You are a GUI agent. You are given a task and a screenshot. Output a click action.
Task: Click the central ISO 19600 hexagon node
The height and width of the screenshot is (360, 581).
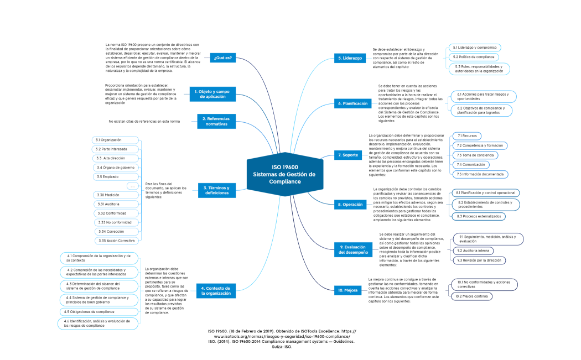[x=284, y=174]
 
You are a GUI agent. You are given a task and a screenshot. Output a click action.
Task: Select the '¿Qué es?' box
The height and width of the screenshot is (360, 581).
[x=223, y=58]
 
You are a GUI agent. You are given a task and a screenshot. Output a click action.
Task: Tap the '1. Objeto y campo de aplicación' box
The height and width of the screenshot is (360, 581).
[x=211, y=94]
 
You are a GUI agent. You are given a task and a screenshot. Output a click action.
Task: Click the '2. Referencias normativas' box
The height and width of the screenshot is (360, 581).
[x=216, y=121]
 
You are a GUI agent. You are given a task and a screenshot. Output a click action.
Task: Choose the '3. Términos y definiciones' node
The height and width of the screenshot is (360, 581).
[x=217, y=190]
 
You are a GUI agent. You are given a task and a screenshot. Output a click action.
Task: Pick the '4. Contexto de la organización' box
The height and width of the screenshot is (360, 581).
[x=216, y=291]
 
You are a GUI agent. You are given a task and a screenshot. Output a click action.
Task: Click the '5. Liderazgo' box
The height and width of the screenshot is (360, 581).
[x=350, y=58]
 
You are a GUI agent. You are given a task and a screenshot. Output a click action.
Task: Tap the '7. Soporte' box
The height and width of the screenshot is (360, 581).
[x=348, y=155]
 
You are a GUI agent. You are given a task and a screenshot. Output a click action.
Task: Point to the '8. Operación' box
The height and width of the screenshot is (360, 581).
[x=350, y=205]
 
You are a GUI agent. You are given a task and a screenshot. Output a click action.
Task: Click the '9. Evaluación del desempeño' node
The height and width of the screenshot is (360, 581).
[x=354, y=249]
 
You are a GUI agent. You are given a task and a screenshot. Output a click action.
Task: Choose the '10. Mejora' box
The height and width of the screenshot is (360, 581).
[x=347, y=290]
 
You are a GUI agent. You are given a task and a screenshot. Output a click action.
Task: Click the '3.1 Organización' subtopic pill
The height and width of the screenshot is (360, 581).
[x=115, y=140]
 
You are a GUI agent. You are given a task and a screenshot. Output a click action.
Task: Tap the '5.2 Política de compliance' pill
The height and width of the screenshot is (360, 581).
[x=474, y=57]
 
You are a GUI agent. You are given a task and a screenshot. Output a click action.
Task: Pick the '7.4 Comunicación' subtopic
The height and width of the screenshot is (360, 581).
[x=471, y=164]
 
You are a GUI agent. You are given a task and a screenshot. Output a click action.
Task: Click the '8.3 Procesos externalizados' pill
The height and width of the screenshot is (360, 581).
[x=478, y=216]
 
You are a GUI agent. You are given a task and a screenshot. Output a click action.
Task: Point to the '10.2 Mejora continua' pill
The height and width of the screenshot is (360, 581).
[x=471, y=296]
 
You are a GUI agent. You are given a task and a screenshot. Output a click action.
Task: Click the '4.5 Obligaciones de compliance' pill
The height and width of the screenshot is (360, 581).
[x=89, y=311]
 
